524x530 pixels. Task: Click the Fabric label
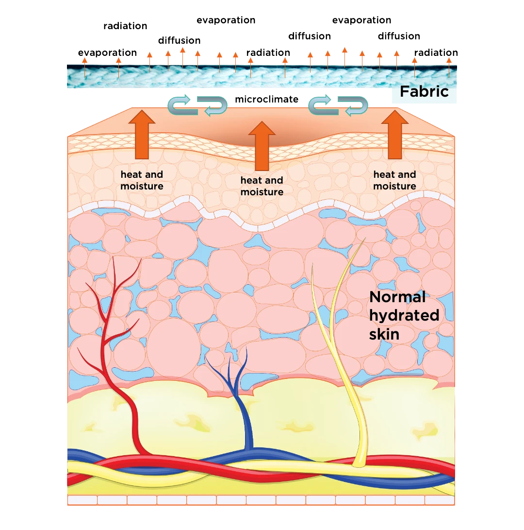click(x=424, y=91)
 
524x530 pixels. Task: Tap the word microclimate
click(x=266, y=100)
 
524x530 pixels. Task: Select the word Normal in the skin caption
click(x=397, y=297)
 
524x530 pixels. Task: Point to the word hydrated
click(x=404, y=315)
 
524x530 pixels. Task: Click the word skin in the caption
click(x=384, y=334)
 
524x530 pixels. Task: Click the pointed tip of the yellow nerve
click(x=364, y=239)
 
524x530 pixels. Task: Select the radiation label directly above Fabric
click(x=436, y=53)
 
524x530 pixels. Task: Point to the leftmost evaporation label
click(x=107, y=53)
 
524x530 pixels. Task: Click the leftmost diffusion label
click(x=180, y=41)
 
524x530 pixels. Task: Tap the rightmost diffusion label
click(x=399, y=36)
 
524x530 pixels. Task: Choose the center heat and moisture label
click(x=262, y=186)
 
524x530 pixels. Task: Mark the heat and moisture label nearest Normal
click(x=394, y=180)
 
